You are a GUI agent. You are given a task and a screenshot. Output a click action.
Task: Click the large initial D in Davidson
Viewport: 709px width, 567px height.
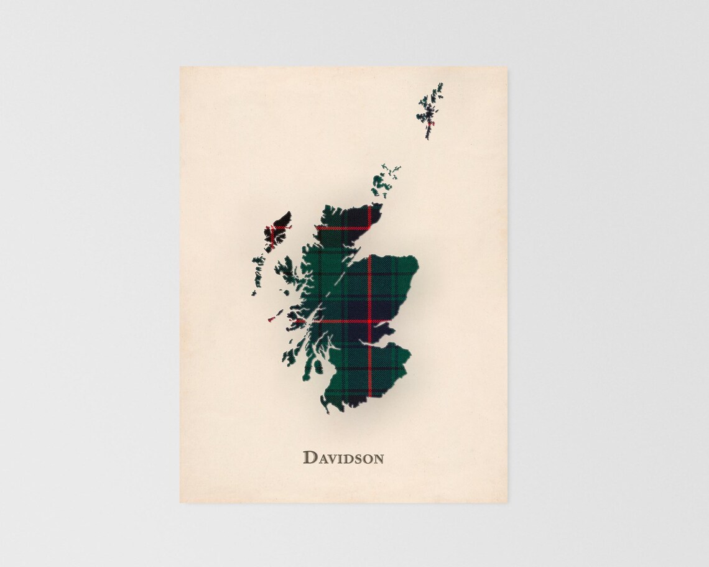coord(309,458)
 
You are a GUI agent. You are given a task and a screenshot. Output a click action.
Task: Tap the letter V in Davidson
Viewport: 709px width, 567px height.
coord(331,459)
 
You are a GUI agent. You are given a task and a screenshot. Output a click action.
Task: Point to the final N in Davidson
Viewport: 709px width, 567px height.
coord(378,459)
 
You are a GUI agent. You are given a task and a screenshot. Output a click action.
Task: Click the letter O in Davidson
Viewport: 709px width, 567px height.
coord(366,459)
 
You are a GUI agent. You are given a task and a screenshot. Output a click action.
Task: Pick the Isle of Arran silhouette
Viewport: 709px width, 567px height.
coord(318,367)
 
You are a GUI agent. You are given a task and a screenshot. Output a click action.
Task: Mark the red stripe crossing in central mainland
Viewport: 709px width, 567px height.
coord(369,321)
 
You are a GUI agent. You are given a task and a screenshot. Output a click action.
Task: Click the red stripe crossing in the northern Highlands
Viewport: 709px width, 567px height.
coord(369,228)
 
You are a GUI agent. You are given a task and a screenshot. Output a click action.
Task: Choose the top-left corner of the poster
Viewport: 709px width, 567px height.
coord(180,67)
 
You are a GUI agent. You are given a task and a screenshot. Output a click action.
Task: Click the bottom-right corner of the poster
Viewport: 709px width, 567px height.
coord(507,502)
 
